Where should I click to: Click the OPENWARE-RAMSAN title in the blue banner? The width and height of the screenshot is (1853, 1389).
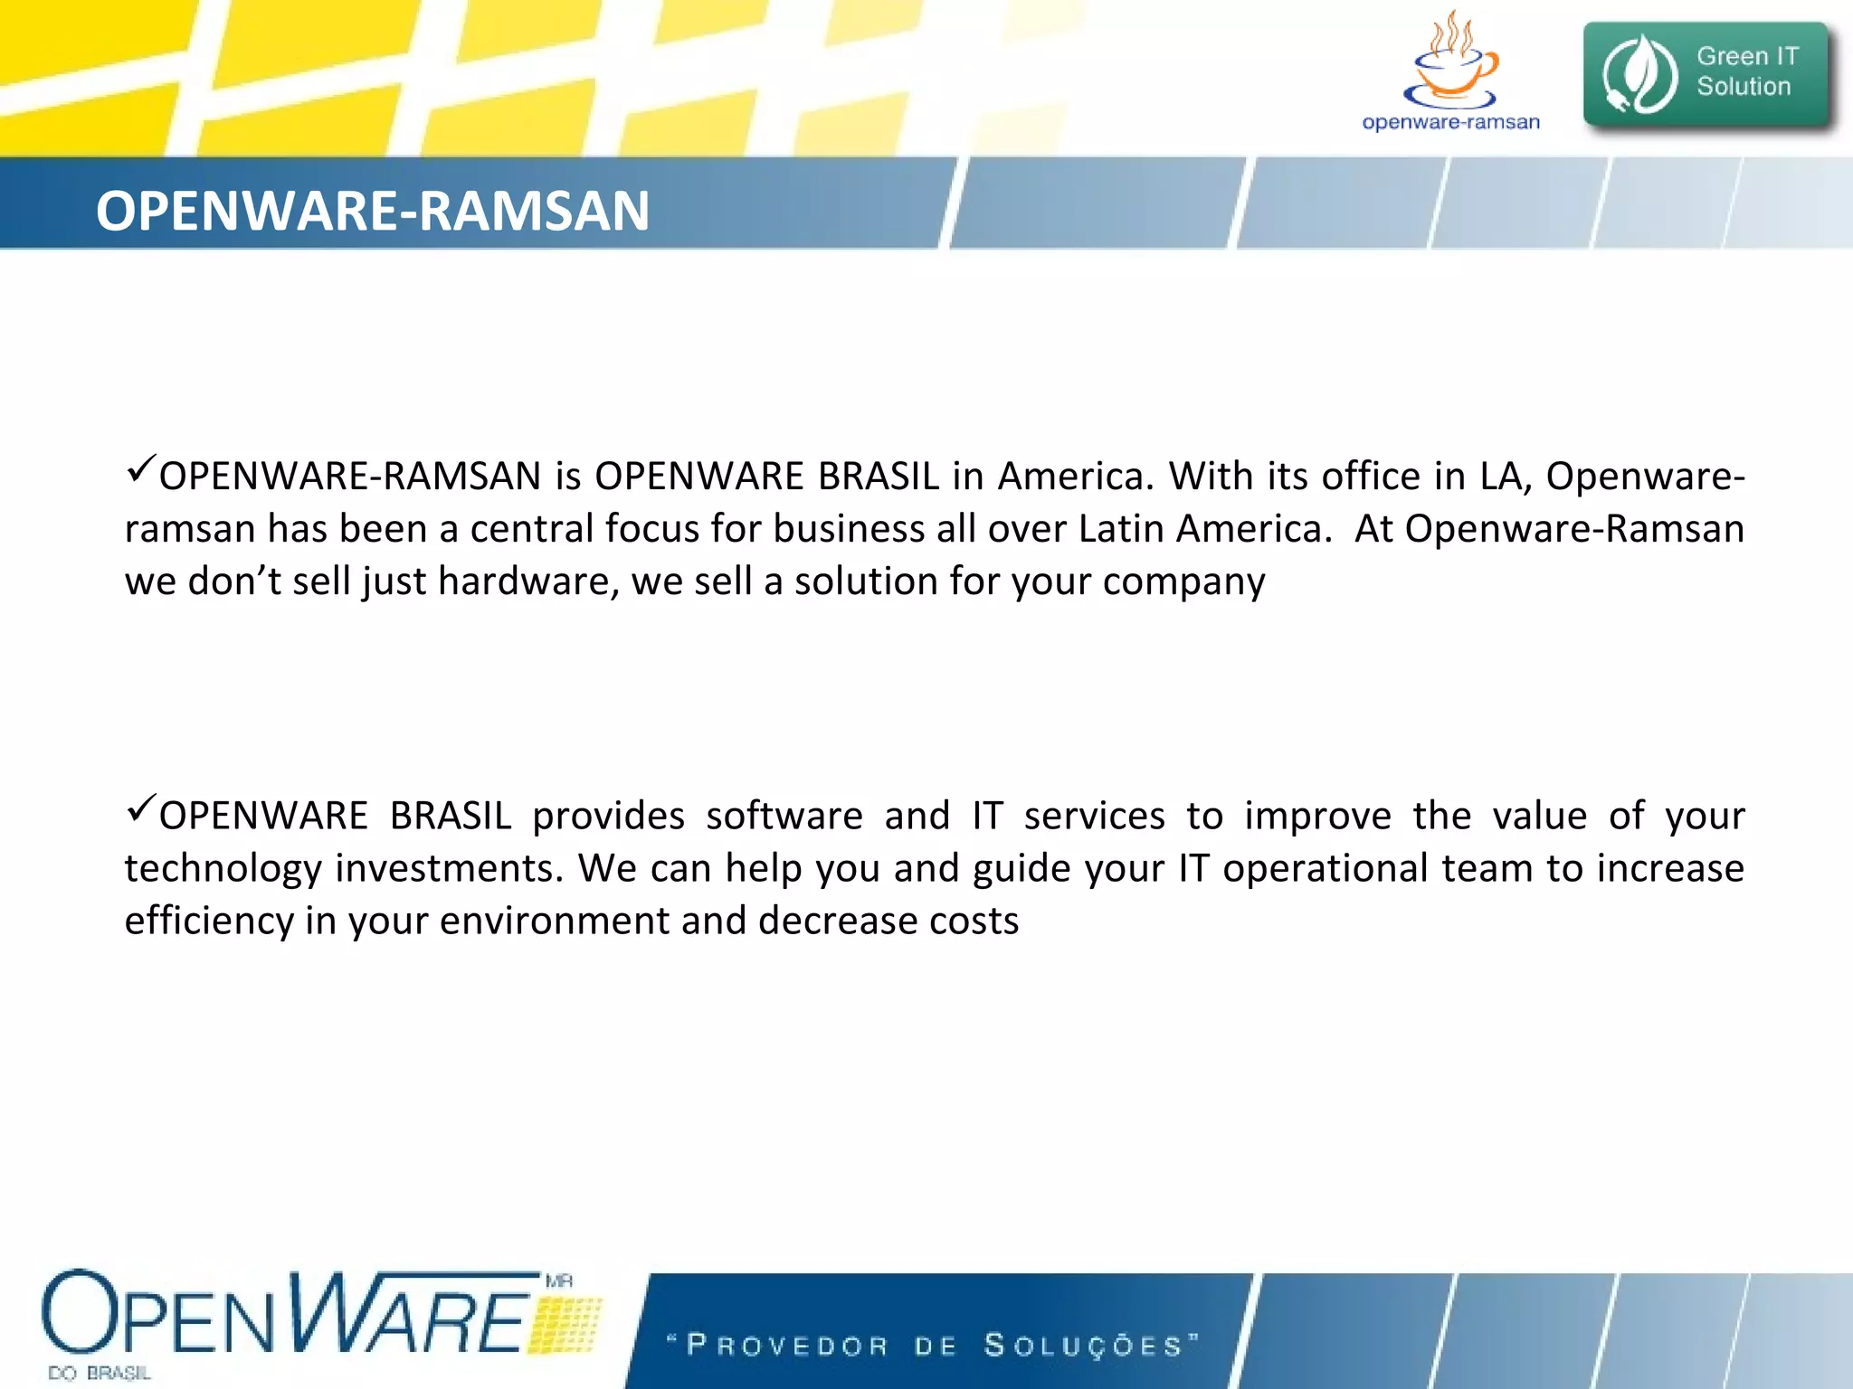click(x=372, y=211)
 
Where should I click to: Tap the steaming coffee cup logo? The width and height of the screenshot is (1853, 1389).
click(x=1450, y=62)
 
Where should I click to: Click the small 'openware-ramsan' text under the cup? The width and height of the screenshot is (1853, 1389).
click(x=1450, y=122)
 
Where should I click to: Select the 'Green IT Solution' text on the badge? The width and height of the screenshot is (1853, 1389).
click(x=1745, y=71)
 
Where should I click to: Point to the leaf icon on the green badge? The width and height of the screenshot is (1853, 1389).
click(x=1639, y=74)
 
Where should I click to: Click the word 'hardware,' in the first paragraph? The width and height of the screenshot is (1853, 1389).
click(x=528, y=581)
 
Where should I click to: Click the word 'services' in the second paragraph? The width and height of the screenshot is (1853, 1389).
click(x=1094, y=816)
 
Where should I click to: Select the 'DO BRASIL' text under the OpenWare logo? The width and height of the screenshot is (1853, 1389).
click(x=100, y=1373)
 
